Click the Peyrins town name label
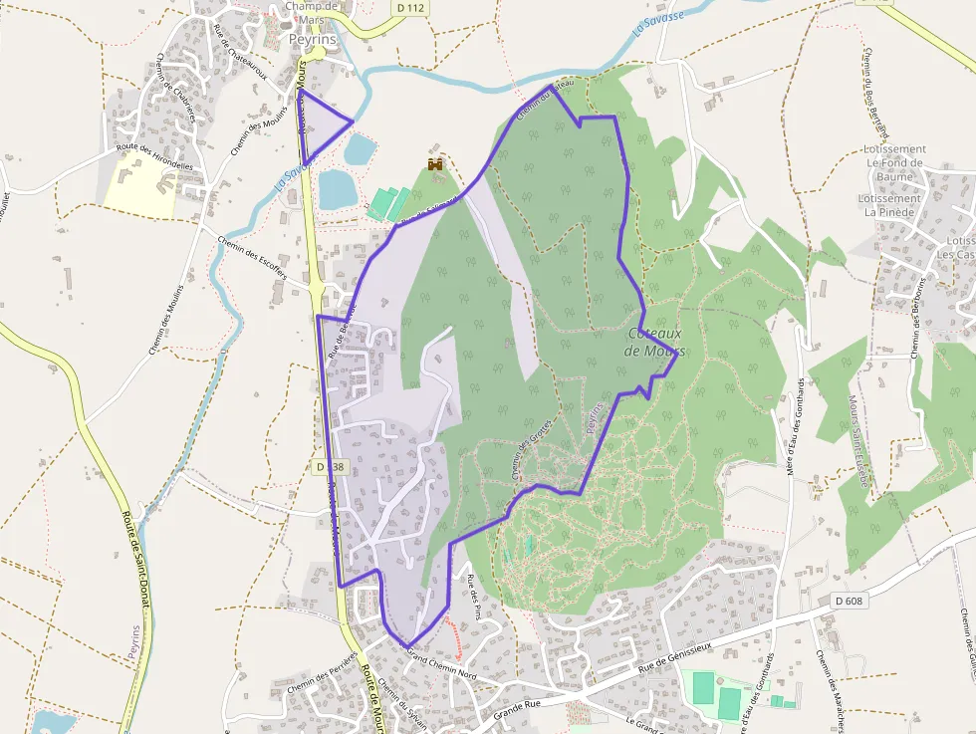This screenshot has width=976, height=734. point(313,39)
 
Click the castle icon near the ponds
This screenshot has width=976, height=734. point(435,162)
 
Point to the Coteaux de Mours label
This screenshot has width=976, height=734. point(654,343)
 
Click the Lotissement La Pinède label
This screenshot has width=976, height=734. point(891,205)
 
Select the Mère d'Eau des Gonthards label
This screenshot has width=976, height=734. point(794,424)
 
